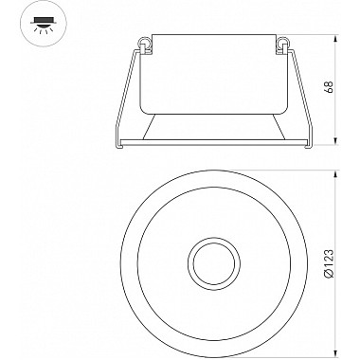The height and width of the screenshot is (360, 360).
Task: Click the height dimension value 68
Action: (x=330, y=87)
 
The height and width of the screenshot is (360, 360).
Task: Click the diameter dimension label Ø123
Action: (x=330, y=264)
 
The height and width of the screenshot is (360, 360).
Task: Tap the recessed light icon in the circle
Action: (x=44, y=24)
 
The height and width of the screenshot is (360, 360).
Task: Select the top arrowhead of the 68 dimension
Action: (x=336, y=39)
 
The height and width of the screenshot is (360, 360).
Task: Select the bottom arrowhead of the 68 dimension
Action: (x=336, y=140)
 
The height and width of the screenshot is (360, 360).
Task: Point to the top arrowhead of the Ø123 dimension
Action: (x=336, y=174)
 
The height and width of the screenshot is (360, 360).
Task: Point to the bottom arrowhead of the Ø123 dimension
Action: (x=336, y=351)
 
